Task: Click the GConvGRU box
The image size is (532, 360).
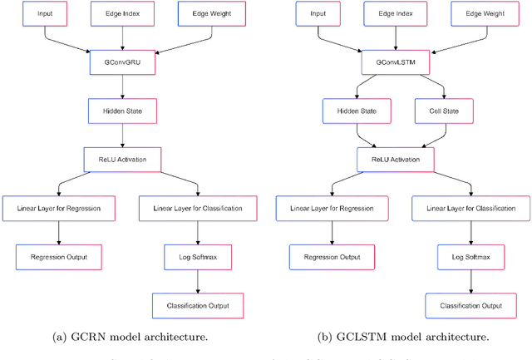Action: pos(123,61)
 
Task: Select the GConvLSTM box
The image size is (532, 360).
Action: pos(397,61)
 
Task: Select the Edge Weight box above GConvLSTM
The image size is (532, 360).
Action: pos(485,14)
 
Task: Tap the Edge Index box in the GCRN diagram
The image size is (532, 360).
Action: pos(123,14)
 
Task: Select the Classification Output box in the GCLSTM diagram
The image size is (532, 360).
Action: pos(470,304)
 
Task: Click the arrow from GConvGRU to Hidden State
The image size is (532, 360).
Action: pos(123,84)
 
